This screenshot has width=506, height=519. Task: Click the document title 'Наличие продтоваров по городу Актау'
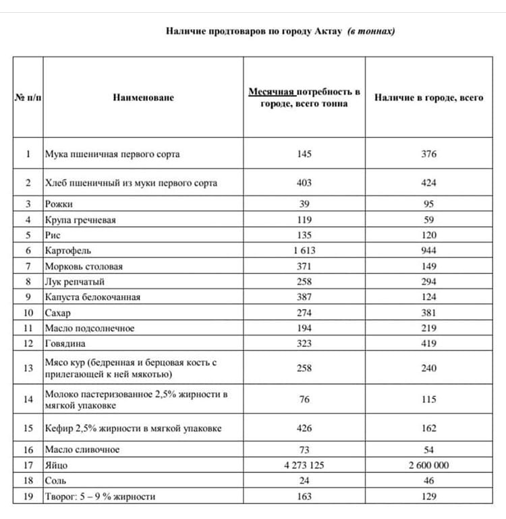(255, 32)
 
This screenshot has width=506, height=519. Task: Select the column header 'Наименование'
(143, 98)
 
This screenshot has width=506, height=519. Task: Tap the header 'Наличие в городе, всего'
(428, 98)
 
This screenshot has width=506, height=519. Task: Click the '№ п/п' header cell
(28, 98)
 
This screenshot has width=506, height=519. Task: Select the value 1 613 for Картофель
(304, 251)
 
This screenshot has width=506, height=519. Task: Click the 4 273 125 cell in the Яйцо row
(304, 465)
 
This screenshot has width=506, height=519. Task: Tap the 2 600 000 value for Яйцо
(428, 465)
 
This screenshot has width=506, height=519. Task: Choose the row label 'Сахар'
(57, 313)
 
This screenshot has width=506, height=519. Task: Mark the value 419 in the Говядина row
(428, 344)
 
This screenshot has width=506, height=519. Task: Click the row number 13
(28, 368)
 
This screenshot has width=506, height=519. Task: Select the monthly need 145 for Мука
(304, 154)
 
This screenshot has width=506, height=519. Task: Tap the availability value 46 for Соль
(428, 481)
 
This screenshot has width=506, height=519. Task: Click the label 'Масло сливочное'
(82, 450)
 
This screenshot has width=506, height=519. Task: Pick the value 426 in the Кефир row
(304, 428)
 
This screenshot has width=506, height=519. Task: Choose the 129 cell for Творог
(428, 497)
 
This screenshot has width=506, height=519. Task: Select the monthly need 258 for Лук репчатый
(304, 282)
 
